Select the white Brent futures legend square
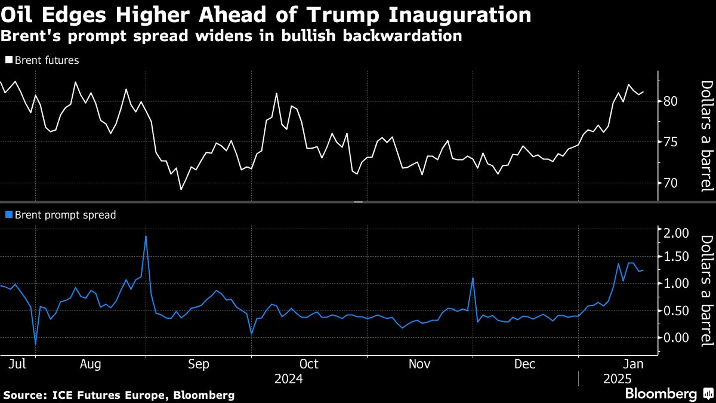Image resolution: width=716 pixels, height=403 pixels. click(8, 60)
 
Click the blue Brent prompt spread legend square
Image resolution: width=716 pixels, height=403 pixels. click(8, 215)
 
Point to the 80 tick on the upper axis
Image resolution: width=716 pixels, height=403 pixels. click(671, 101)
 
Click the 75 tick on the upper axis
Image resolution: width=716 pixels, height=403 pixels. click(671, 141)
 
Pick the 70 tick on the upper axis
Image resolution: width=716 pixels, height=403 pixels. click(671, 183)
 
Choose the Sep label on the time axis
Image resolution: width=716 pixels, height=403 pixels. click(198, 364)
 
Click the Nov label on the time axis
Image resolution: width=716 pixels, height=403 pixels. click(421, 364)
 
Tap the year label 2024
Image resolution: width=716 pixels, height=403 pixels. click(289, 379)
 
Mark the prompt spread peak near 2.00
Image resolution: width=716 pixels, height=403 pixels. click(146, 236)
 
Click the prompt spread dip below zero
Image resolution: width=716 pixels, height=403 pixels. click(35, 344)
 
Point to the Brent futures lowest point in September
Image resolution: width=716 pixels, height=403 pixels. click(181, 190)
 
